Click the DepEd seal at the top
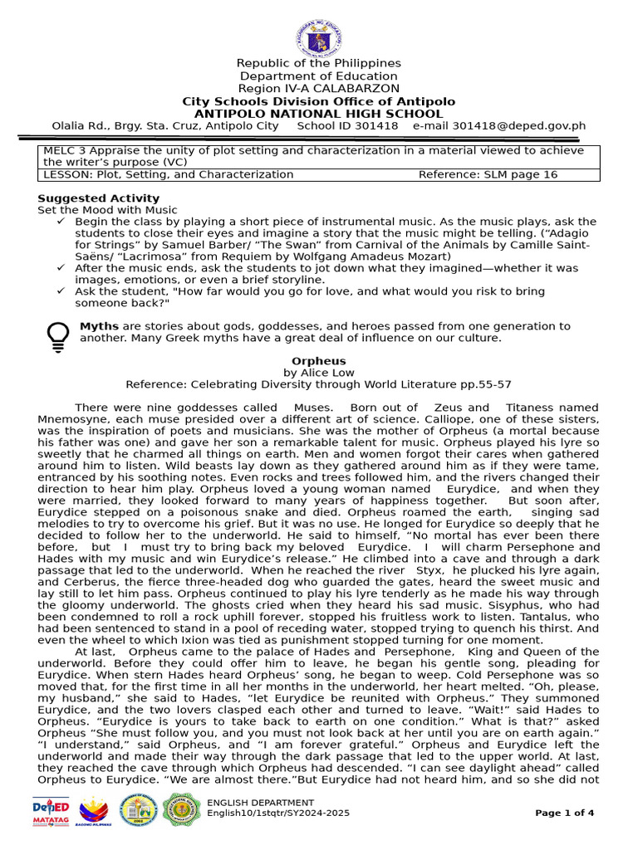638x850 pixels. (x=318, y=38)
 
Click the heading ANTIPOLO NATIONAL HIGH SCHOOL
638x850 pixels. (x=318, y=114)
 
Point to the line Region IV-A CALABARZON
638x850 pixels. (x=318, y=89)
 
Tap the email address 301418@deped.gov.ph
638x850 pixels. (x=499, y=126)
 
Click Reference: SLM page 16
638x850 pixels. (x=488, y=175)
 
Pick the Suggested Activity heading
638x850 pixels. (x=98, y=198)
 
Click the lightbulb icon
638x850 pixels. (x=57, y=335)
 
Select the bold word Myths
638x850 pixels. (x=99, y=326)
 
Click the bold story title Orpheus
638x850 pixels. (x=318, y=362)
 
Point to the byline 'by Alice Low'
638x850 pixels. (x=318, y=374)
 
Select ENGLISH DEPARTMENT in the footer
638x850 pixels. (x=260, y=803)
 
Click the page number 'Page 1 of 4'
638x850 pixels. (x=564, y=813)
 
